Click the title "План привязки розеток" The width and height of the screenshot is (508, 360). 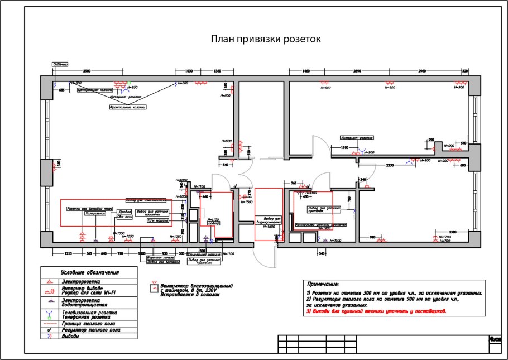tap(265, 39)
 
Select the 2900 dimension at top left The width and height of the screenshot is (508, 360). tap(87, 71)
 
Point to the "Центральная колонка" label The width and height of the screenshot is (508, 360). tap(95, 89)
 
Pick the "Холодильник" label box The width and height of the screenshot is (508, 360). tap(95, 213)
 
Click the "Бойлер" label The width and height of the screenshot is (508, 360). tap(215, 223)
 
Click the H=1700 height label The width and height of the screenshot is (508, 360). tap(445, 237)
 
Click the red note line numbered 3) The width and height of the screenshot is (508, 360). tap(376, 311)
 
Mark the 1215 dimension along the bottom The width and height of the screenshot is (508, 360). tap(68, 253)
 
